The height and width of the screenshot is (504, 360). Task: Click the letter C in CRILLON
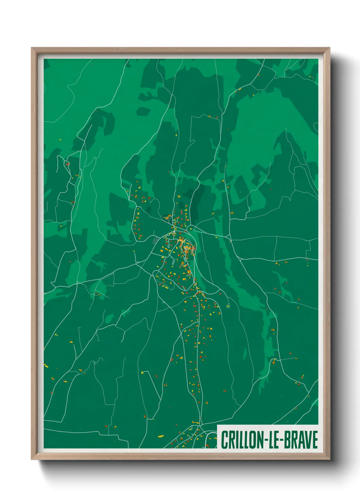pyautogui.click(x=225, y=440)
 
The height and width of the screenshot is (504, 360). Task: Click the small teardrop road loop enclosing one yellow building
pyautogui.click(x=228, y=305)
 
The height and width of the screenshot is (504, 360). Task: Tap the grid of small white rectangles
pyautogui.click(x=156, y=240)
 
